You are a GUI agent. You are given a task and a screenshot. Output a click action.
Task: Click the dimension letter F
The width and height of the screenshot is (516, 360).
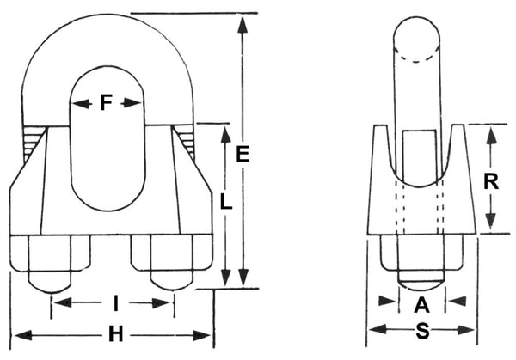[106, 103]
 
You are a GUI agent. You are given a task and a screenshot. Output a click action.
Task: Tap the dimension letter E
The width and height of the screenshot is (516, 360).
[243, 156]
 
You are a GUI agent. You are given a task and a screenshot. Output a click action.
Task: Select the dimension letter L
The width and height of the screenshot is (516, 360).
[225, 204]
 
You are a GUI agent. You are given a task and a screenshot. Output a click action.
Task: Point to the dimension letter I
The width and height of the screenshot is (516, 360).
[114, 302]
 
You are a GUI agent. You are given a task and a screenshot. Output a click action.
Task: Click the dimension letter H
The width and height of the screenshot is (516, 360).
[114, 334]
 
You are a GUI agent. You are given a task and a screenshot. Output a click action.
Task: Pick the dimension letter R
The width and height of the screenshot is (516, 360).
[489, 181]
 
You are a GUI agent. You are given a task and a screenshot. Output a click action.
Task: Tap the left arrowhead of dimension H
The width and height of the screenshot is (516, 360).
[19, 334]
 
